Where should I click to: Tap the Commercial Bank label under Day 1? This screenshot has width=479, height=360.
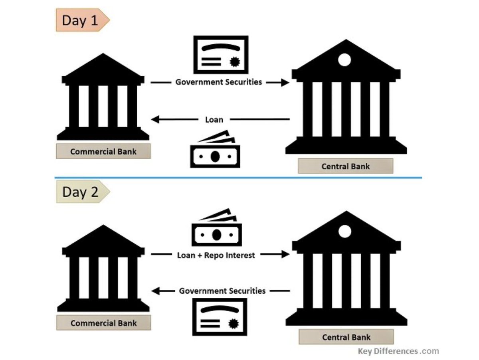pyautogui.click(x=103, y=152)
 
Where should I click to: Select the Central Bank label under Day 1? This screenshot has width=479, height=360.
pyautogui.click(x=346, y=166)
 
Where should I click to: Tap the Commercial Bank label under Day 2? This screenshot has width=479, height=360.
pyautogui.click(x=103, y=323)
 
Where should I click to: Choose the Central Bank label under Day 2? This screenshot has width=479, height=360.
pyautogui.click(x=346, y=337)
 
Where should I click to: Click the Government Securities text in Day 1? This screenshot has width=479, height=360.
pyautogui.click(x=219, y=82)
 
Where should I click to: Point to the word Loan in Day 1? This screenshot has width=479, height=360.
pyautogui.click(x=214, y=119)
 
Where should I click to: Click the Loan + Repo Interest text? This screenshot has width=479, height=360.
pyautogui.click(x=216, y=255)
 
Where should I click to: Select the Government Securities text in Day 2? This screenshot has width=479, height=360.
pyautogui.click(x=222, y=291)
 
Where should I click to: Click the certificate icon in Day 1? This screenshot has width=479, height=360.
pyautogui.click(x=221, y=55)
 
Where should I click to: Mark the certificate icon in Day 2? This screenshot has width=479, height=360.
pyautogui.click(x=220, y=317)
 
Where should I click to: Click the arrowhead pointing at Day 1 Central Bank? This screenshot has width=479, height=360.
pyautogui.click(x=285, y=83)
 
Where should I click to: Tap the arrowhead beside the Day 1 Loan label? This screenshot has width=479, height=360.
pyautogui.click(x=155, y=119)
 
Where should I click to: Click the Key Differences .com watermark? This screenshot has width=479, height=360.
pyautogui.click(x=398, y=352)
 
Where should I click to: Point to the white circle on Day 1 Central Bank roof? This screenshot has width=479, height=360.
pyautogui.click(x=344, y=60)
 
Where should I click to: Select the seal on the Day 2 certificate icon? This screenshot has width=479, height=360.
pyautogui.click(x=233, y=324)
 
